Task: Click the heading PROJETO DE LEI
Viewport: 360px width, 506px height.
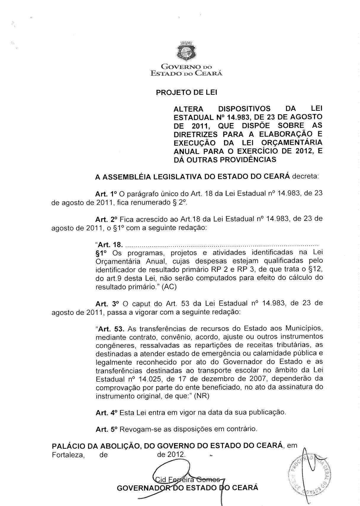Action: coord(187,92)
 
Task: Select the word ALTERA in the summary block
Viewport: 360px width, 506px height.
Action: coord(188,108)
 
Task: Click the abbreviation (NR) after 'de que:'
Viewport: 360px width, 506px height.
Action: coord(201,396)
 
